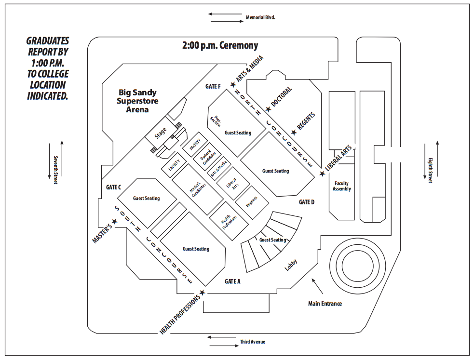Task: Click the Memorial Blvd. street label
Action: pyautogui.click(x=260, y=17)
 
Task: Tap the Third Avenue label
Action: pyautogui.click(x=252, y=342)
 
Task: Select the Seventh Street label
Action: pyautogui.click(x=55, y=170)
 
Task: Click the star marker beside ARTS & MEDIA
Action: pyautogui.click(x=233, y=85)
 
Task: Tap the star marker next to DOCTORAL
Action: pyautogui.click(x=268, y=110)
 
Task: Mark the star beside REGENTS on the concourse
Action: pyautogui.click(x=293, y=132)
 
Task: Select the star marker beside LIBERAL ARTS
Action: pyautogui.click(x=322, y=173)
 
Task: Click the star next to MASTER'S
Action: pyautogui.click(x=115, y=222)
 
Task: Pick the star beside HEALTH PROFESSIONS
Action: pyautogui.click(x=202, y=293)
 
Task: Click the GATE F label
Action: pyautogui.click(x=213, y=87)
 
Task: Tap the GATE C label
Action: pyautogui.click(x=113, y=187)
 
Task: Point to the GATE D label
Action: pyautogui.click(x=306, y=202)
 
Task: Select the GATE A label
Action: pyautogui.click(x=232, y=281)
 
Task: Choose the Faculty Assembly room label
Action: pyautogui.click(x=341, y=186)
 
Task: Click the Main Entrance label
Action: pyautogui.click(x=325, y=304)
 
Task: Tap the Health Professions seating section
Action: pyautogui.click(x=229, y=220)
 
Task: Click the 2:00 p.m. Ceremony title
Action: pyautogui.click(x=220, y=46)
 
